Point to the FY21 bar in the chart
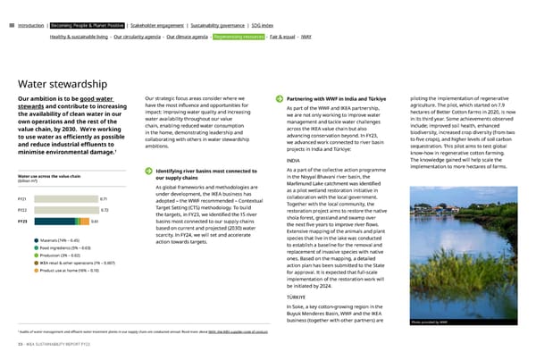coord(63,173)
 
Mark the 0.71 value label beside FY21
coord(105,173)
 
